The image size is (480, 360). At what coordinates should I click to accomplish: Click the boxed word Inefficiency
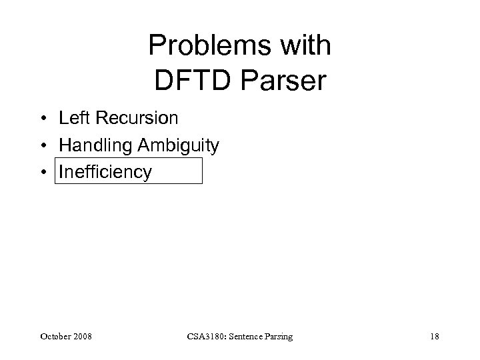tap(105, 172)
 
